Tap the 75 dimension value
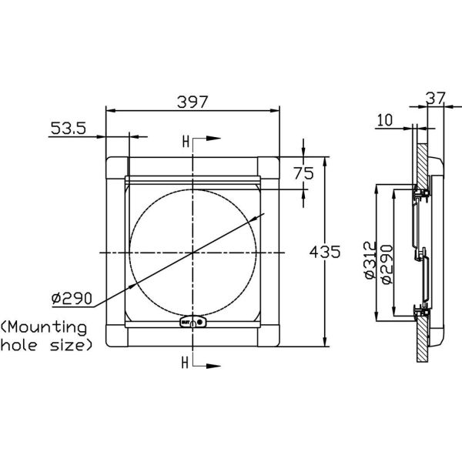(x=304, y=173)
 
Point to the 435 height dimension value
(x=323, y=253)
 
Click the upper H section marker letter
(x=186, y=142)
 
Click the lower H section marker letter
(x=186, y=361)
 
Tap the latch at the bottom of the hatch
(x=191, y=324)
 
